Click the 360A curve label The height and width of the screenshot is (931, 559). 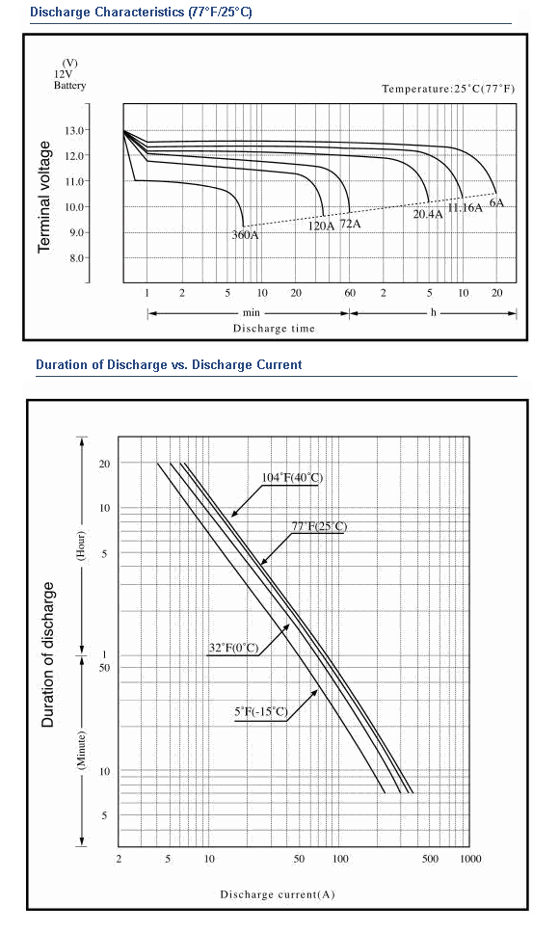point(246,235)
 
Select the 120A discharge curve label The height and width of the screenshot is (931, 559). point(321,226)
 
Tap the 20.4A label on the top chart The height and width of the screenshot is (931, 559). point(428,214)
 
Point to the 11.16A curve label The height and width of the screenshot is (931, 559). point(466,208)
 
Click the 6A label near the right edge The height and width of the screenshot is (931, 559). point(496,203)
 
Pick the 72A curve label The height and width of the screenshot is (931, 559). point(350,225)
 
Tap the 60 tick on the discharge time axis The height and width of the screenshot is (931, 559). point(350,293)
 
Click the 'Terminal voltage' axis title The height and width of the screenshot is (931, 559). point(45,197)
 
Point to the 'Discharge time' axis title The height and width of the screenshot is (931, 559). point(274,329)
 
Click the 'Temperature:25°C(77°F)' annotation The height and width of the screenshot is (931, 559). point(448,89)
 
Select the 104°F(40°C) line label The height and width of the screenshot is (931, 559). point(292,477)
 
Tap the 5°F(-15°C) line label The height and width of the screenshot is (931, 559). point(261,711)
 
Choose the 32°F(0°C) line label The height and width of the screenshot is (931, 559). point(233,648)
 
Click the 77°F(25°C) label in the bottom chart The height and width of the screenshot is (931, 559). point(319,526)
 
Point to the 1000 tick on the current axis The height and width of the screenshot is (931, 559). point(470,859)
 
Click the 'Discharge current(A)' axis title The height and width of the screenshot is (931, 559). point(278,894)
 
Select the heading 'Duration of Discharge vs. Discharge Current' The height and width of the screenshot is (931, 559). point(169,364)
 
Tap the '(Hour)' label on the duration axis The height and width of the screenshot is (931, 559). point(81,545)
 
